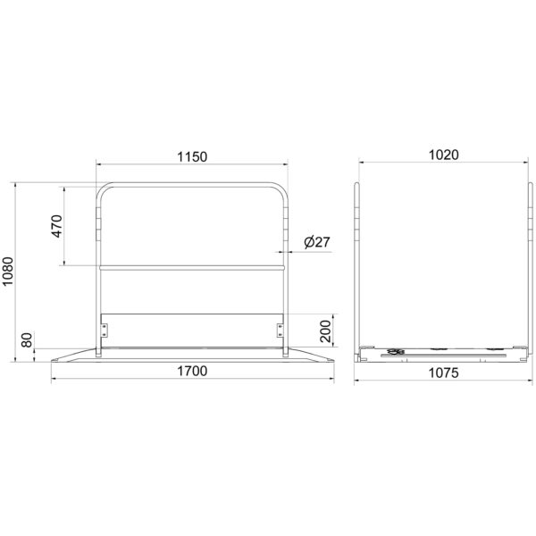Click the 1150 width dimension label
pyautogui.click(x=192, y=157)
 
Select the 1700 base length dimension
pyautogui.click(x=192, y=371)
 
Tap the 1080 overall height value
pyautogui.click(x=8, y=271)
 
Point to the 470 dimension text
pyautogui.click(x=57, y=226)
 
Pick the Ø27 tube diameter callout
pyautogui.click(x=317, y=242)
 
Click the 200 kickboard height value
pyautogui.click(x=325, y=331)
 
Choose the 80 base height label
pyautogui.click(x=27, y=339)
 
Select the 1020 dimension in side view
pyautogui.click(x=444, y=155)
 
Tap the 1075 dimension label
pyautogui.click(x=444, y=373)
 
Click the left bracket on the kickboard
pyautogui.click(x=104, y=331)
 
